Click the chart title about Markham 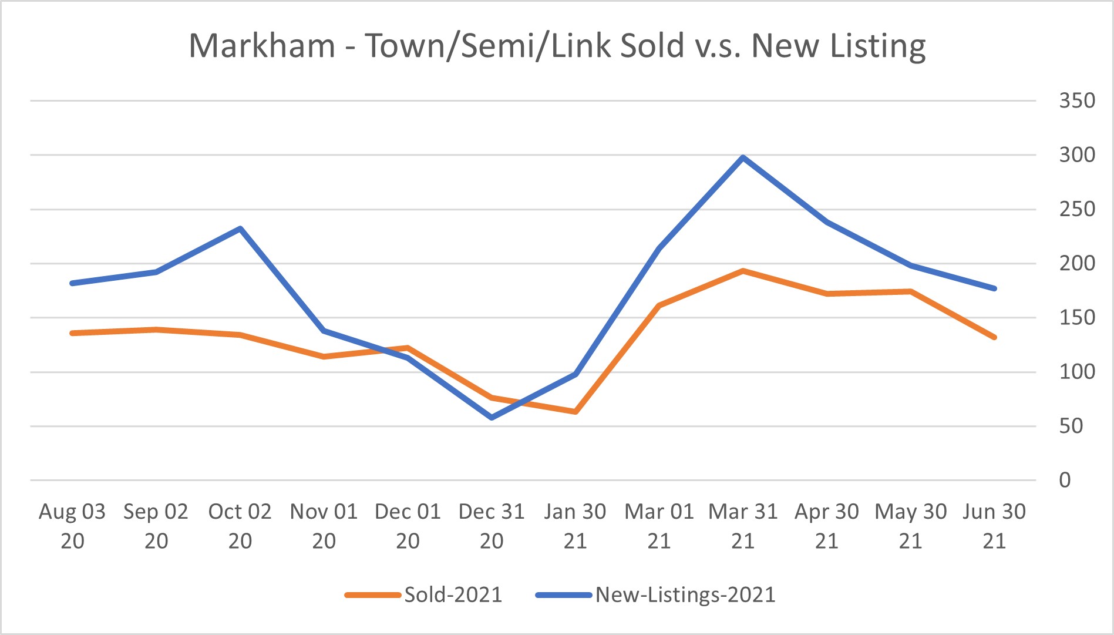pos(557,46)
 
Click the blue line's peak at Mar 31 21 pos(743,157)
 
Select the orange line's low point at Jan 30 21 pos(575,412)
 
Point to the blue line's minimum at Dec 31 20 pos(492,418)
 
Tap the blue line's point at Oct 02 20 pos(240,229)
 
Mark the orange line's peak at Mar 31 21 pos(743,271)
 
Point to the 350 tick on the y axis pos(1076,101)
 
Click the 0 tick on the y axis pos(1065,481)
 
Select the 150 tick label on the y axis pos(1076,318)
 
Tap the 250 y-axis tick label pos(1076,209)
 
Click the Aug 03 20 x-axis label pos(72,526)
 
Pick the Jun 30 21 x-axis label pos(994,526)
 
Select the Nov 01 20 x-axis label pos(324,526)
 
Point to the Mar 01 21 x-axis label pos(659,526)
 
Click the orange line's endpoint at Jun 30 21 pos(994,337)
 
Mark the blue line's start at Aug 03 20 pos(72,283)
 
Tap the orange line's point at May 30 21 pos(910,291)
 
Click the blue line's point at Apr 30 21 pos(827,222)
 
